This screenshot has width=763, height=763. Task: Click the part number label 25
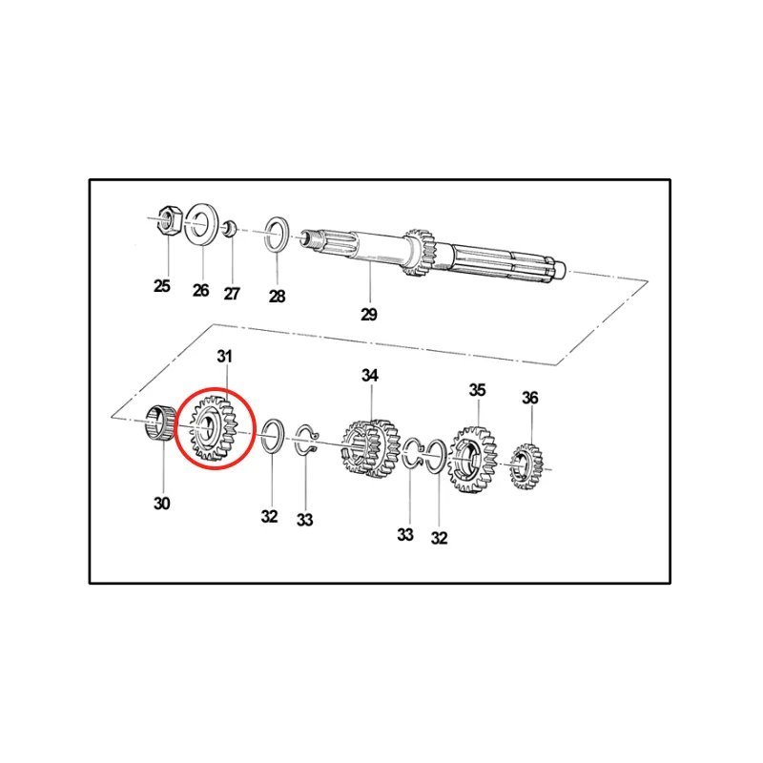[x=162, y=285]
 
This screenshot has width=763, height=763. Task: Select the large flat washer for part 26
[x=202, y=225]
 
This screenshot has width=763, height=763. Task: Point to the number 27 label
[x=232, y=294]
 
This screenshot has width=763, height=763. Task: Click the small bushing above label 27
[x=230, y=229]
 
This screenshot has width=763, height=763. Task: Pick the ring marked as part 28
[x=277, y=236]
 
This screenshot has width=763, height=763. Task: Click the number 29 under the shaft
[x=369, y=315]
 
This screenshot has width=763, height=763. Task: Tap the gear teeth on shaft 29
[x=421, y=253]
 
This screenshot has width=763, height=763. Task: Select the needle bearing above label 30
[x=161, y=423]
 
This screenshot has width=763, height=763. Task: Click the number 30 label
[x=162, y=504]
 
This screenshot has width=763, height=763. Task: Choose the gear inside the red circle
[x=214, y=428]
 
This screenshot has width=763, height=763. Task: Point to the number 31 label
[x=224, y=357]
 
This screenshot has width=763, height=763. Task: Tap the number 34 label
[x=370, y=375]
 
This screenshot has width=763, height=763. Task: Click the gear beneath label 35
[x=473, y=460]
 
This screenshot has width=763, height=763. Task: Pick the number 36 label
[x=530, y=398]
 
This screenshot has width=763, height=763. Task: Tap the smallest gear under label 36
[x=526, y=466]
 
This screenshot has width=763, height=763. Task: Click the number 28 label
[x=277, y=296]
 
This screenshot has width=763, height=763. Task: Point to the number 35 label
[x=478, y=390]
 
